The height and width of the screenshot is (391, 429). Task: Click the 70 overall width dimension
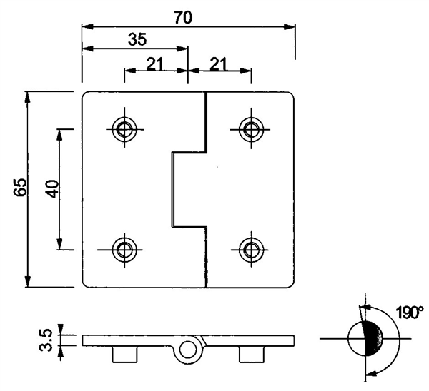pyautogui.click(x=184, y=17)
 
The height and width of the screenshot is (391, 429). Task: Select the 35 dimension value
pyautogui.click(x=137, y=39)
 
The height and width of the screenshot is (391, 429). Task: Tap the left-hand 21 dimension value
pyautogui.click(x=155, y=64)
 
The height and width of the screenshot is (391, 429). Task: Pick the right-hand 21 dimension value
pyautogui.click(x=219, y=64)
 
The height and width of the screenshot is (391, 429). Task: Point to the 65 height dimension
pyautogui.click(x=21, y=187)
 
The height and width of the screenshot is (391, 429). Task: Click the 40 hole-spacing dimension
pyautogui.click(x=52, y=188)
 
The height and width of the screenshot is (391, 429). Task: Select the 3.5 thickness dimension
pyautogui.click(x=46, y=340)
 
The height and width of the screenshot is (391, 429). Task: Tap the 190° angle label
pyautogui.click(x=410, y=313)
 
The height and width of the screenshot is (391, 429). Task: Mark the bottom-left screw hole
pyautogui.click(x=124, y=249)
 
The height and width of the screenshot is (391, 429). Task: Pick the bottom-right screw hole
pyautogui.click(x=251, y=249)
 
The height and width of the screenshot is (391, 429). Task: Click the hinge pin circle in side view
pyautogui.click(x=187, y=349)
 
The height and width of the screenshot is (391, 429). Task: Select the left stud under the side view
pyautogui.click(x=124, y=355)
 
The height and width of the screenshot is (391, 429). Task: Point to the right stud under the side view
pyautogui.click(x=252, y=355)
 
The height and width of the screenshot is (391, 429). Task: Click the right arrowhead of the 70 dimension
pyautogui.click(x=290, y=27)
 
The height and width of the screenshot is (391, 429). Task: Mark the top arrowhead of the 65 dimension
pyautogui.click(x=27, y=97)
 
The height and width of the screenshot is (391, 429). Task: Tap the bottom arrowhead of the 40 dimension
pyautogui.click(x=59, y=244)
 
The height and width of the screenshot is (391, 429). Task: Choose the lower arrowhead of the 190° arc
pyautogui.click(x=371, y=374)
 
